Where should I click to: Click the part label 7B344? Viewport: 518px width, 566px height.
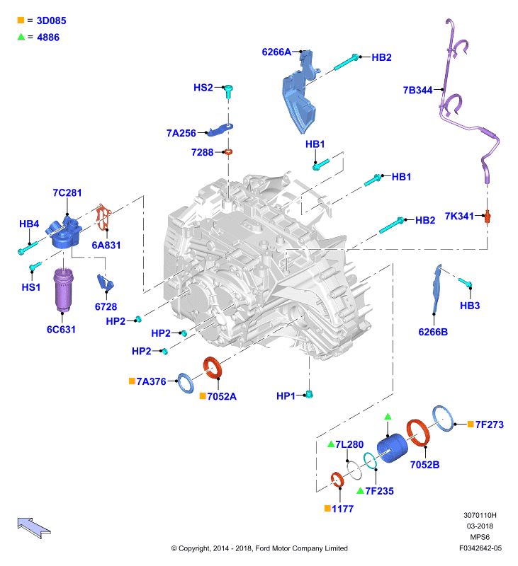tap(417, 90)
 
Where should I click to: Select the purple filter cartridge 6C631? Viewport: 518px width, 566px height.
tap(63, 290)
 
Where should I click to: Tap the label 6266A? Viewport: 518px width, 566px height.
tap(276, 52)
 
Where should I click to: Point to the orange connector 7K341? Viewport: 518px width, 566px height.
tap(488, 216)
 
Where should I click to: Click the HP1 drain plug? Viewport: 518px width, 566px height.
tap(309, 394)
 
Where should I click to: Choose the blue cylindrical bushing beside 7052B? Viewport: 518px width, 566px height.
tap(392, 448)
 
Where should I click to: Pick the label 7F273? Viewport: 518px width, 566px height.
tap(490, 424)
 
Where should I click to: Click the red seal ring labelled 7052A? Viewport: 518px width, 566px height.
tap(212, 367)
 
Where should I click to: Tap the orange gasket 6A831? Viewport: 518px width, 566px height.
tap(103, 217)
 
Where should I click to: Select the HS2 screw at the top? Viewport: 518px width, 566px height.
tap(228, 91)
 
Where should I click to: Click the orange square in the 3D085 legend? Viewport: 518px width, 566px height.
tap(21, 21)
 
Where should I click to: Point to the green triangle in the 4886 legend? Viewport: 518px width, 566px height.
tap(21, 37)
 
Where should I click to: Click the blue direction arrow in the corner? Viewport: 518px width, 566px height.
tap(33, 528)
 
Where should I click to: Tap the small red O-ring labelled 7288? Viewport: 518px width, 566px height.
tap(228, 152)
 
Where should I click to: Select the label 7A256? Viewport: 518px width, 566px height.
tap(181, 133)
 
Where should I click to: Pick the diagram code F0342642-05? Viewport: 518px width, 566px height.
tap(480, 548)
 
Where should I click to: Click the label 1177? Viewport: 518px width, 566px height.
tap(343, 509)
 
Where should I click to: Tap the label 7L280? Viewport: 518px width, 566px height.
tap(349, 444)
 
